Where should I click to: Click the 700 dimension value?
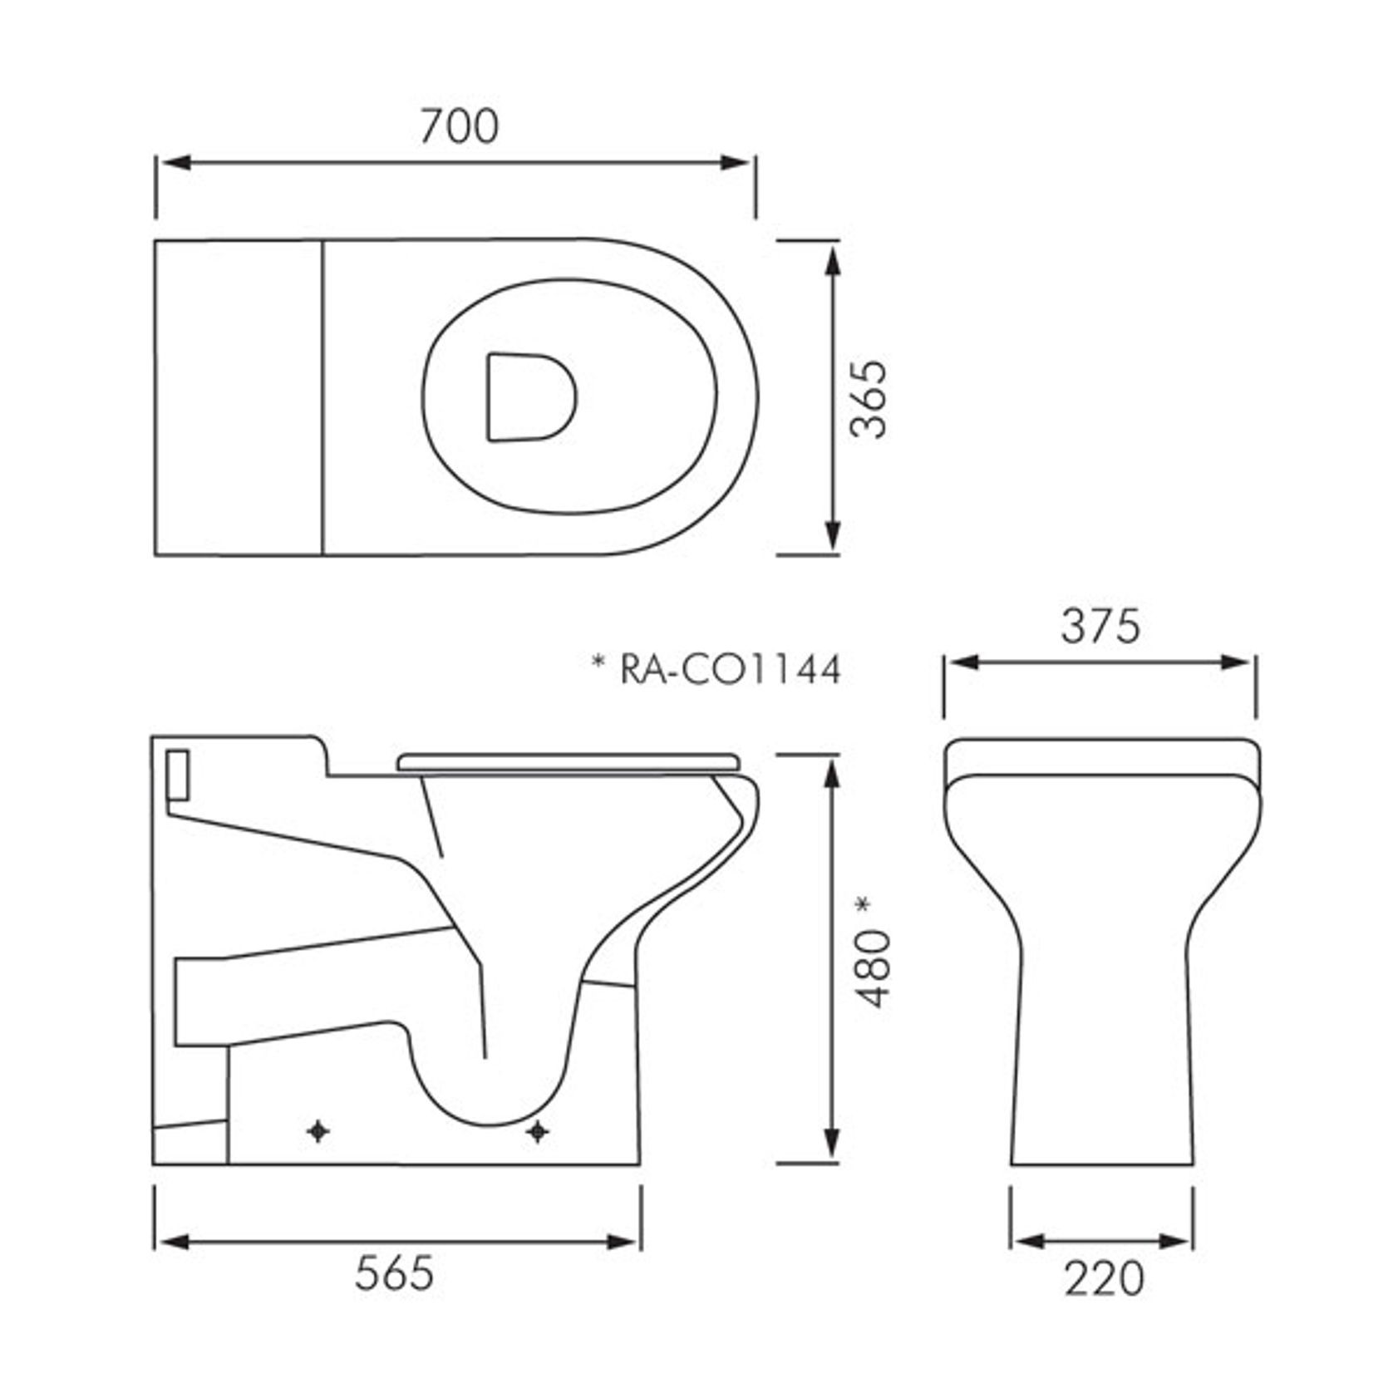tap(459, 126)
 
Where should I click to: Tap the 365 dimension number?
tap(870, 398)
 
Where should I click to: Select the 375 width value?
tap(1100, 627)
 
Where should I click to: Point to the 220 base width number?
tap(1104, 1278)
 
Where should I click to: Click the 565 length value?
tap(394, 1272)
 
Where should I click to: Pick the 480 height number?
tap(873, 968)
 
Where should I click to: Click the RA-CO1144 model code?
tap(731, 669)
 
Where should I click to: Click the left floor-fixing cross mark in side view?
tap(318, 1131)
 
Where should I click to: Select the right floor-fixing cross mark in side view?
tap(538, 1131)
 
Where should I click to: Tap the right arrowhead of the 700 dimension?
tap(736, 162)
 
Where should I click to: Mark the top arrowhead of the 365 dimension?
tap(834, 259)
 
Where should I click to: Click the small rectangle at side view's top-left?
tap(179, 773)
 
